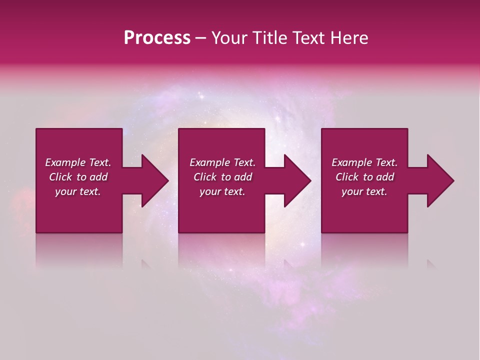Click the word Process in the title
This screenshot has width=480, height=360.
click(157, 38)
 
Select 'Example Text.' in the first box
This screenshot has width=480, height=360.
click(78, 162)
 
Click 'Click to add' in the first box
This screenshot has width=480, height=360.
click(78, 177)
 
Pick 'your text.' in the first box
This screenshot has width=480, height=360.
click(78, 191)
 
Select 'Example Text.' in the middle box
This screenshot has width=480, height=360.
click(222, 162)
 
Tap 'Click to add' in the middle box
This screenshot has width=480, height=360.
click(222, 177)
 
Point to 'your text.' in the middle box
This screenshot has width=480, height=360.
click(222, 191)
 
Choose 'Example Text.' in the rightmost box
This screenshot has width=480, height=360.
click(364, 162)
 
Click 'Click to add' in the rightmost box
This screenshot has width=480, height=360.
click(364, 177)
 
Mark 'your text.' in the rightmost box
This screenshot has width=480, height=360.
click(364, 191)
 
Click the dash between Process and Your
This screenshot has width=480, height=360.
click(201, 38)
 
